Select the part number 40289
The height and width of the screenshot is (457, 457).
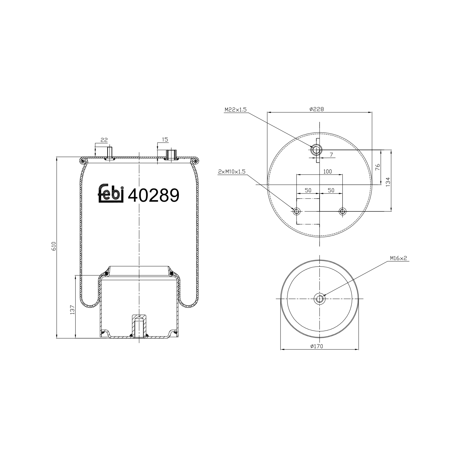click(x=153, y=195)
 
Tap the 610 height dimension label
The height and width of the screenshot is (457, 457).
click(x=54, y=246)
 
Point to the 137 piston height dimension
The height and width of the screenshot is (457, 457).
click(x=73, y=310)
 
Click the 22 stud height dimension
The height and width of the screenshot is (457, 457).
click(x=104, y=140)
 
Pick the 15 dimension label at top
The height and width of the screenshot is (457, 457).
click(x=165, y=140)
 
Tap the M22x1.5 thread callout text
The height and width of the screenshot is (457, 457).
click(x=236, y=109)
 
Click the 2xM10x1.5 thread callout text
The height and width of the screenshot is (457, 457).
click(x=232, y=172)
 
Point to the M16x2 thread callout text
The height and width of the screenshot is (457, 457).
click(x=398, y=258)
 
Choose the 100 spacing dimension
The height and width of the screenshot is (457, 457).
click(x=327, y=172)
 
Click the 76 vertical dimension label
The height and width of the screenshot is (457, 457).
click(x=378, y=167)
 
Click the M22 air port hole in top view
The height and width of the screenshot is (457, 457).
click(x=316, y=150)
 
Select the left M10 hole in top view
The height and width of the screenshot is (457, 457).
click(x=296, y=211)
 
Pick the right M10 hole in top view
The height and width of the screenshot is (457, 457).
click(x=342, y=211)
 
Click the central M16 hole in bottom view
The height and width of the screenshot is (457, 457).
click(x=319, y=299)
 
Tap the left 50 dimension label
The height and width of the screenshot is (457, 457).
click(x=308, y=190)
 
